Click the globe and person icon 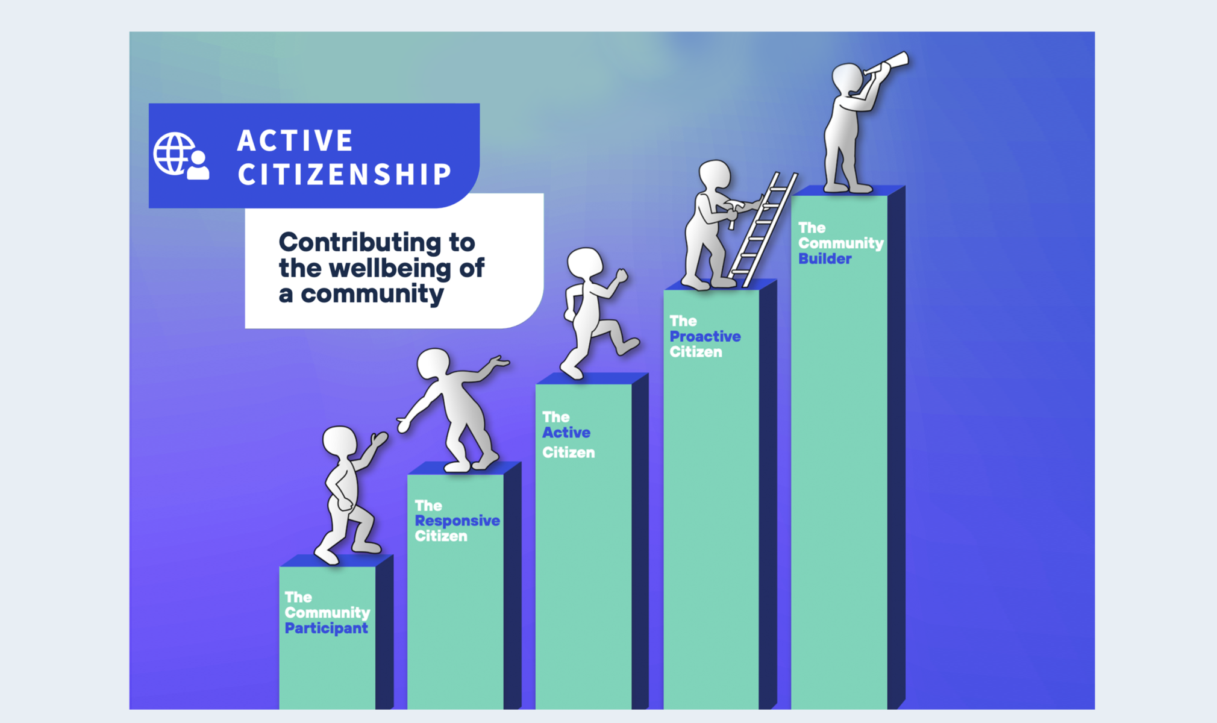point(181,156)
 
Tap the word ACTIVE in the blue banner point(295,141)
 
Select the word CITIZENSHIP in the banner point(345,175)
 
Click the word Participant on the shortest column point(326,628)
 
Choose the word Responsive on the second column point(457,521)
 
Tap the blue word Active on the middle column point(566,433)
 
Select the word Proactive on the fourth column point(705,337)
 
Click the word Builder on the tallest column point(825,259)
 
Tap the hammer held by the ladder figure point(730,210)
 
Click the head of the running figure point(584,263)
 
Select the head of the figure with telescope point(846,78)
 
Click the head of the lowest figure point(339,442)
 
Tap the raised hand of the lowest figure point(379,439)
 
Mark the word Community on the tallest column point(841,244)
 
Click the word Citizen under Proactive point(696,352)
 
